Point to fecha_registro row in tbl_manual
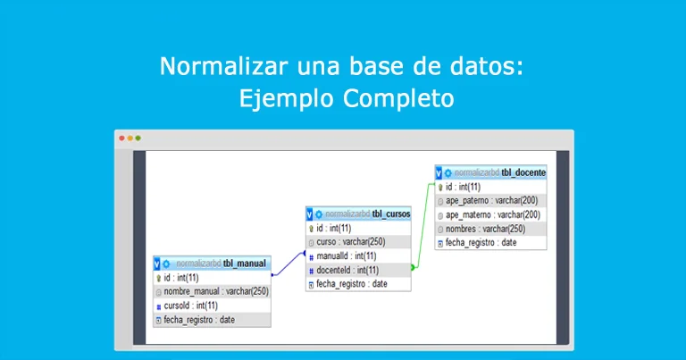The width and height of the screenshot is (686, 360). click(198, 320)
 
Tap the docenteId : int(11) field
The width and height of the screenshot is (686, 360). click(347, 270)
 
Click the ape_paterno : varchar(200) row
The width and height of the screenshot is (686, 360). click(491, 201)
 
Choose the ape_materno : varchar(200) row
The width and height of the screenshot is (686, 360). click(492, 215)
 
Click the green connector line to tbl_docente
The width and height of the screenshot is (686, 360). click(423, 227)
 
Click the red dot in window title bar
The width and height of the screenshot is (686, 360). click(122, 138)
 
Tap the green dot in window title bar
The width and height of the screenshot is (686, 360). click(138, 138)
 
